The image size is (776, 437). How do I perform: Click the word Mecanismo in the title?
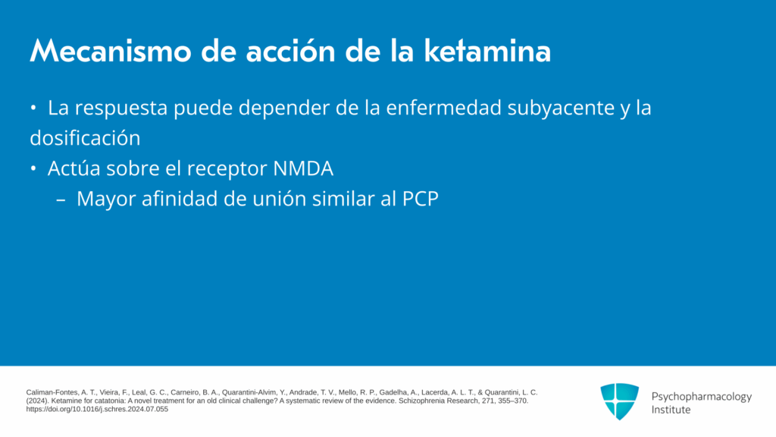point(111,51)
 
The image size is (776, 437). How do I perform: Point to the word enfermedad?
point(443,108)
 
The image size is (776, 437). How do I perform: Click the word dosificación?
point(85,138)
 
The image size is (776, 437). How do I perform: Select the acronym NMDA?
point(303,169)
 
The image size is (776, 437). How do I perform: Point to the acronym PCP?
point(420,200)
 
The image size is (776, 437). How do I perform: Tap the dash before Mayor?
point(61,200)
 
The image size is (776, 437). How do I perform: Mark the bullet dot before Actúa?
point(33,169)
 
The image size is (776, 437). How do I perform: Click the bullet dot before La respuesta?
point(33,108)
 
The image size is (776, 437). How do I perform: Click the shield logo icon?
point(619,401)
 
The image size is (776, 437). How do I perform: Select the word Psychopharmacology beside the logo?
point(701,397)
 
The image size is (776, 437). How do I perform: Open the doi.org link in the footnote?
point(97,409)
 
